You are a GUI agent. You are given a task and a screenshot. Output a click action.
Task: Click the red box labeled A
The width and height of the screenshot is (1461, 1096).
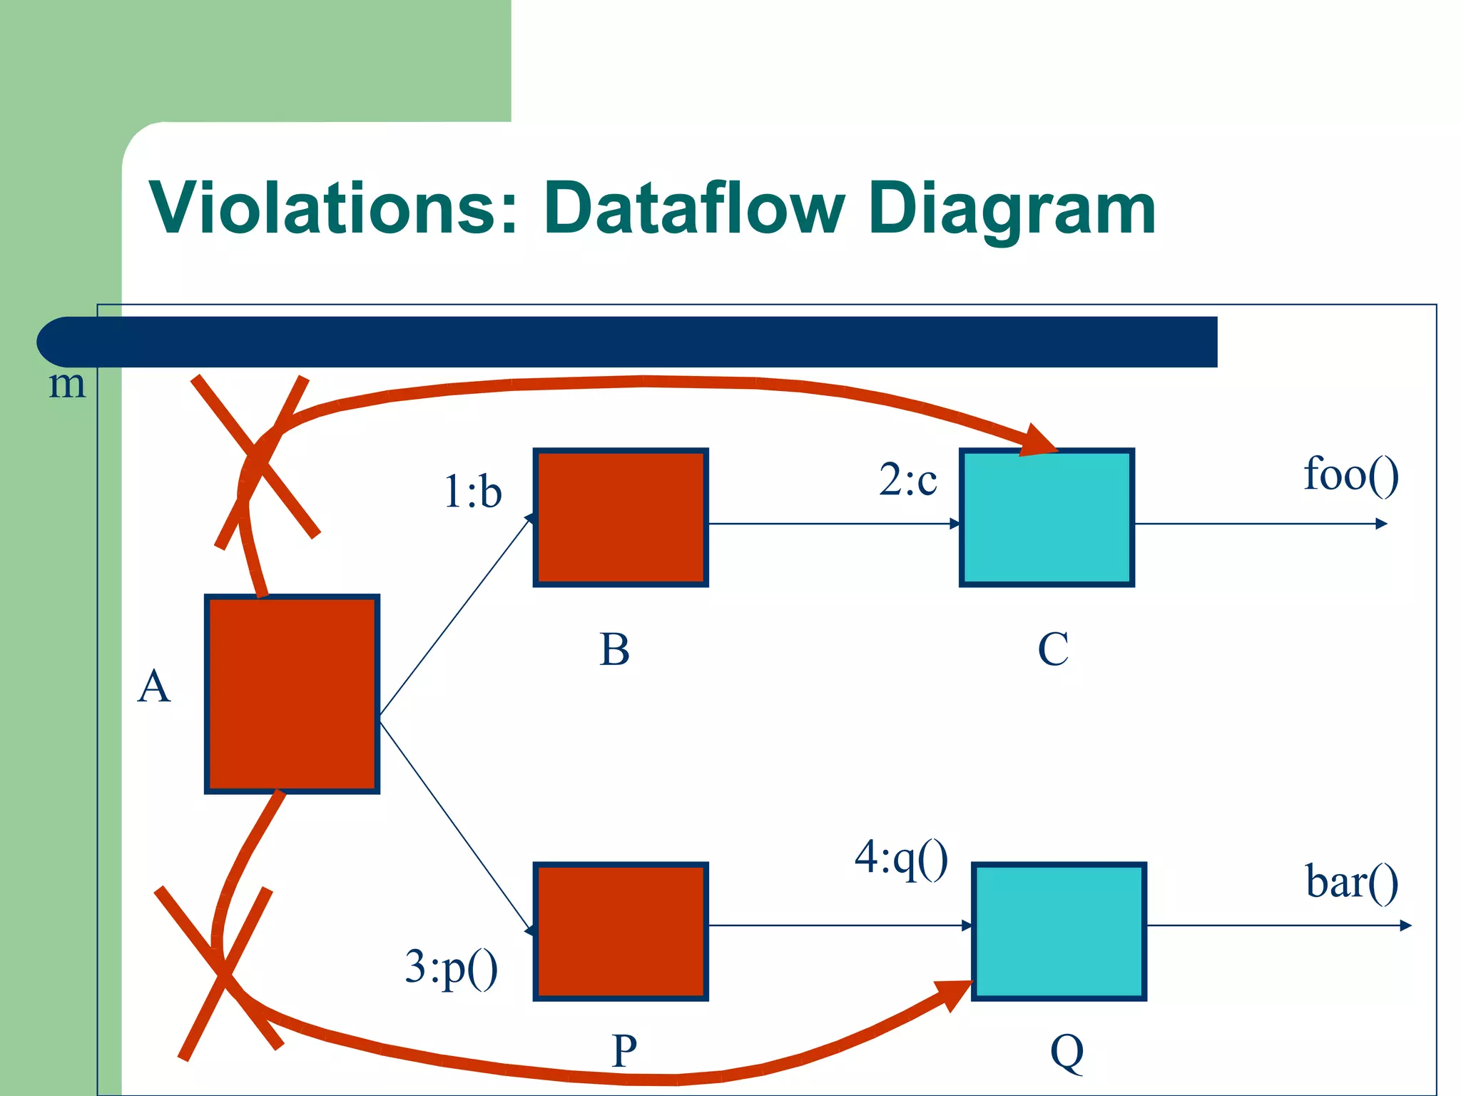point(292,694)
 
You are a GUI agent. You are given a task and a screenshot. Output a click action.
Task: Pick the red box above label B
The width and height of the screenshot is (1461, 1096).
point(621,517)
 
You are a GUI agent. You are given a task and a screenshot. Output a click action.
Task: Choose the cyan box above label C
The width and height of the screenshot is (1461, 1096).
point(1047,517)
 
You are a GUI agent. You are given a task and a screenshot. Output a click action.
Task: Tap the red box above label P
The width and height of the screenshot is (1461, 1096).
point(621,931)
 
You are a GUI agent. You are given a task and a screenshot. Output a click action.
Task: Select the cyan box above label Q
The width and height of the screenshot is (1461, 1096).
point(1059,931)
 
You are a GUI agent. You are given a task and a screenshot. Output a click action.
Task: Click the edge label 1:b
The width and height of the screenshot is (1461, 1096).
point(472,492)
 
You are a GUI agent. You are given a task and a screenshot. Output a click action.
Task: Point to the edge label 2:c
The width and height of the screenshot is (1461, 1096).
point(907,479)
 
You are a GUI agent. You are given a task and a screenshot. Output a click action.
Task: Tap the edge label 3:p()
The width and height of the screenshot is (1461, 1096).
point(451,968)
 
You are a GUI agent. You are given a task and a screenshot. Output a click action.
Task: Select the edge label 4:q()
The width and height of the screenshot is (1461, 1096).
point(901,858)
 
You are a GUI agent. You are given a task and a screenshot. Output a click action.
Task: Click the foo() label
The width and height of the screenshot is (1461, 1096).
point(1350,475)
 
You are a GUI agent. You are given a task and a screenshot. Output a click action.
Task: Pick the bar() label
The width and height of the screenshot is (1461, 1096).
point(1351,882)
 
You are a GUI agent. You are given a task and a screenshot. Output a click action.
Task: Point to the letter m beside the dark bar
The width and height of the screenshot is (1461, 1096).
point(66,385)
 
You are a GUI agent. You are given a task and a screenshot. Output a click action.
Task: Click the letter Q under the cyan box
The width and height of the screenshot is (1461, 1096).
point(1067,1052)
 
